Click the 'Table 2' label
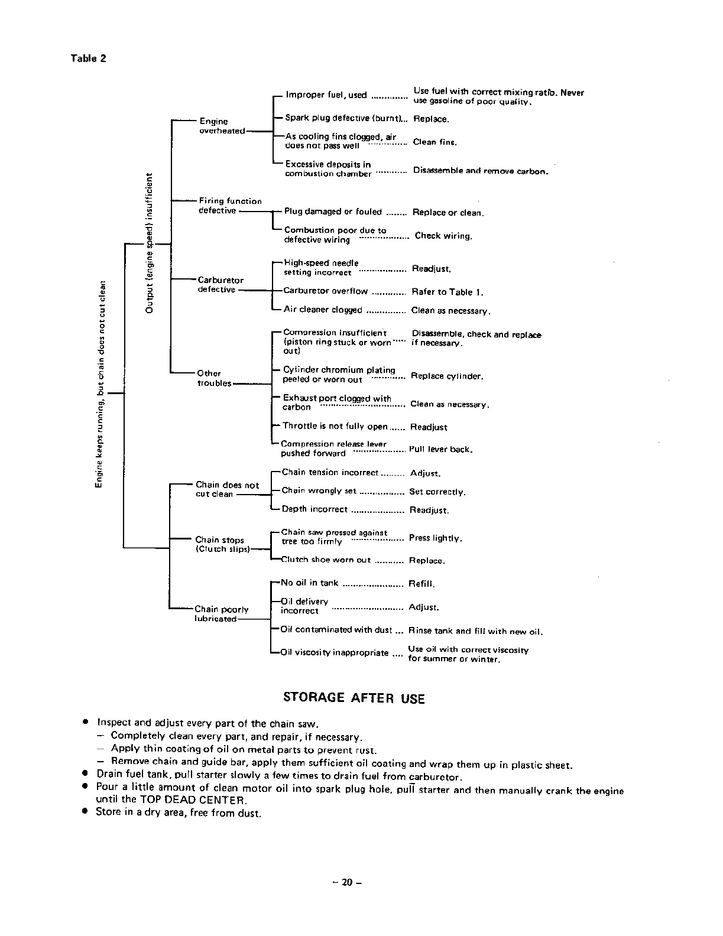tap(88, 58)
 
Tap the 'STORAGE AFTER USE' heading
tap(354, 698)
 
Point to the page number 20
tap(346, 883)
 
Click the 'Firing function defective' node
tap(229, 206)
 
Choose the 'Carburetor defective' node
tap(220, 285)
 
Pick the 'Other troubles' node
tap(214, 378)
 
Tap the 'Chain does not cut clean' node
tap(227, 489)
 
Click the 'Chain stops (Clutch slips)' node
tap(222, 544)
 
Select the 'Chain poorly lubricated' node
tap(221, 614)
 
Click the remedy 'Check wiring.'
tap(443, 236)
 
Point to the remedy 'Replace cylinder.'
tap(447, 376)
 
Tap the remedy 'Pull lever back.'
tap(440, 450)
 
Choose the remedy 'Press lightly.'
tap(435, 538)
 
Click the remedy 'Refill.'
tap(422, 584)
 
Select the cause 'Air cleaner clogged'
tap(323, 310)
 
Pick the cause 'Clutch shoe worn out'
tap(326, 560)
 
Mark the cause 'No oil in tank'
tap(309, 583)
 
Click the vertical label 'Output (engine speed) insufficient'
tap(150, 243)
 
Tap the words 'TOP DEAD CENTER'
tap(192, 800)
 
